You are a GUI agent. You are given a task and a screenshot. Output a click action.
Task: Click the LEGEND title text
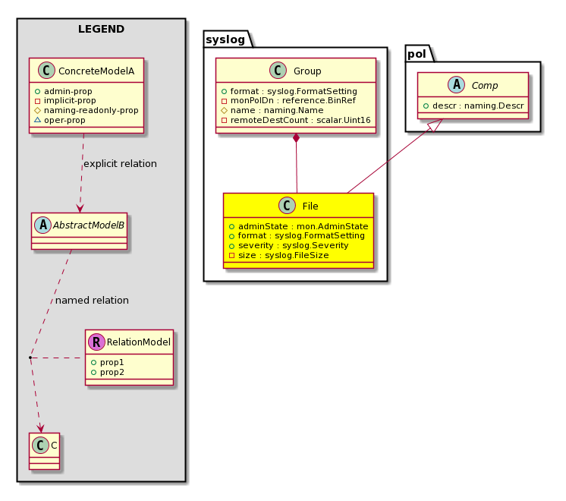pos(101,30)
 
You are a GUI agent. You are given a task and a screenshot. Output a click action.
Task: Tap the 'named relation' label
pos(92,300)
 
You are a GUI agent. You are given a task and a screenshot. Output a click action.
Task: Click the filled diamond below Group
pos(296,137)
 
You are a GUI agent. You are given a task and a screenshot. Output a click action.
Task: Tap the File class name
pos(309,206)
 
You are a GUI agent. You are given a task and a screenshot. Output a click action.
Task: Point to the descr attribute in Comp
pos(478,106)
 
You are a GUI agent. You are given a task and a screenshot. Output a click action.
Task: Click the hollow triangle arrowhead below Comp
pos(432,127)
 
